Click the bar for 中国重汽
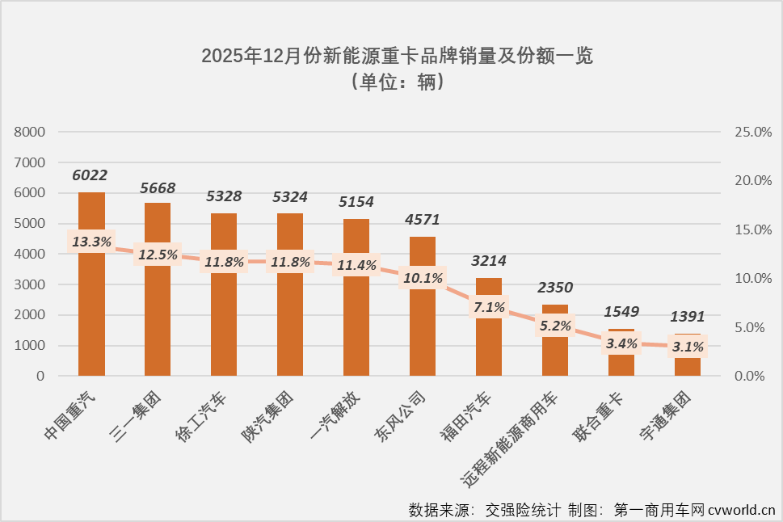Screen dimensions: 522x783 (x=91, y=307)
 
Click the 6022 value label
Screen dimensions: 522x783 (x=90, y=175)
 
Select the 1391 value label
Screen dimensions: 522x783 (x=688, y=317)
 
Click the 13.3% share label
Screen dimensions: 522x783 (x=91, y=242)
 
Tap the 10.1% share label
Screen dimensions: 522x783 (x=423, y=278)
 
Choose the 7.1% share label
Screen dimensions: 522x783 (x=489, y=307)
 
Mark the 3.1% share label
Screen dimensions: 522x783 (x=688, y=347)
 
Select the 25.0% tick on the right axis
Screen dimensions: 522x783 (x=752, y=132)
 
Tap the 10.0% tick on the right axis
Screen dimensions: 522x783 (x=752, y=279)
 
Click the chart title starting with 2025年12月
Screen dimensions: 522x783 (x=397, y=57)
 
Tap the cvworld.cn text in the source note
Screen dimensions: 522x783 (x=742, y=510)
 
